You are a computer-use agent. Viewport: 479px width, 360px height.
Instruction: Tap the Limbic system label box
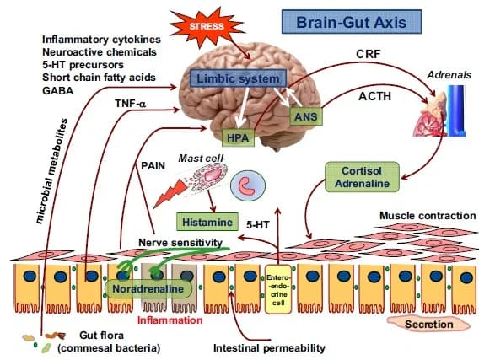click(x=231, y=78)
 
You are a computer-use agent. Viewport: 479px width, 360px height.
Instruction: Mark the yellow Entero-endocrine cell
click(x=277, y=287)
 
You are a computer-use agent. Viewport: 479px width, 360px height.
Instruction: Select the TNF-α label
click(x=129, y=105)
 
